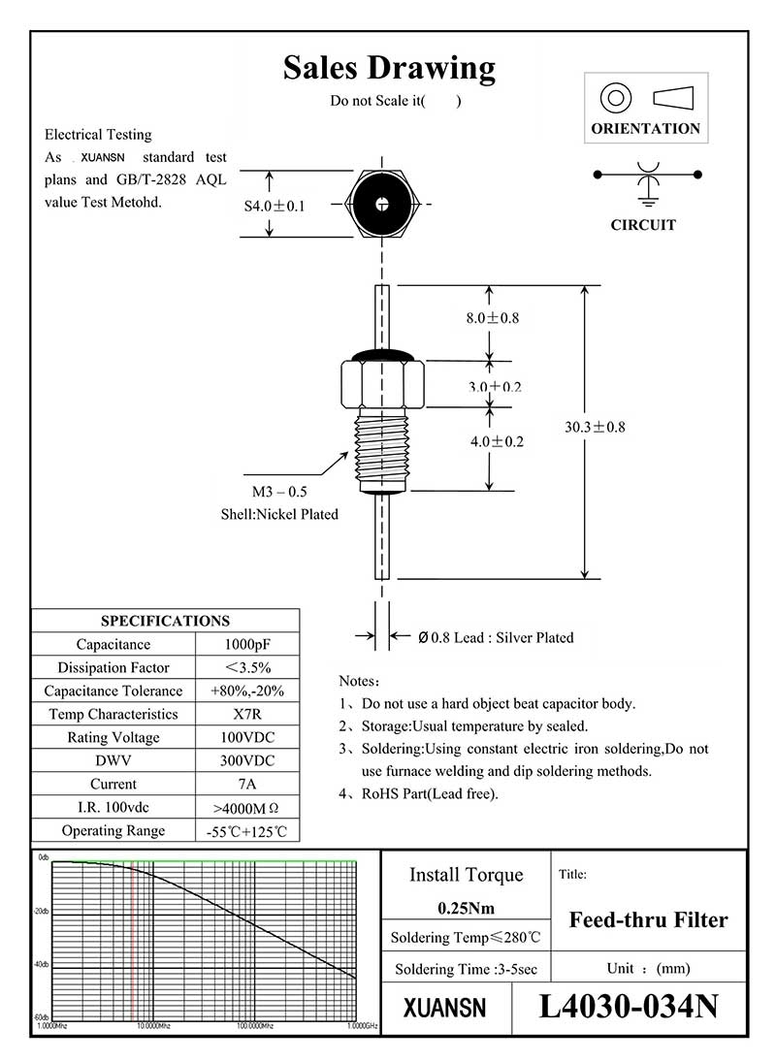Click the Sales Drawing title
(389, 68)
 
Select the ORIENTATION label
(645, 128)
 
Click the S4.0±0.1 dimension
(275, 206)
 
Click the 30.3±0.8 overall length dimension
(595, 427)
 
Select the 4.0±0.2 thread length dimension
(497, 441)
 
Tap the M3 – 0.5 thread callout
(279, 493)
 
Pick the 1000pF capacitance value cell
(247, 645)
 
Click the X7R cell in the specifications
(247, 715)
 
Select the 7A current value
(247, 784)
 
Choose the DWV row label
(113, 760)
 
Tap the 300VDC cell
(247, 760)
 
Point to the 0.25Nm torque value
(466, 909)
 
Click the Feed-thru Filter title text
(648, 919)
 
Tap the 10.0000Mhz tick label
(152, 1025)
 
